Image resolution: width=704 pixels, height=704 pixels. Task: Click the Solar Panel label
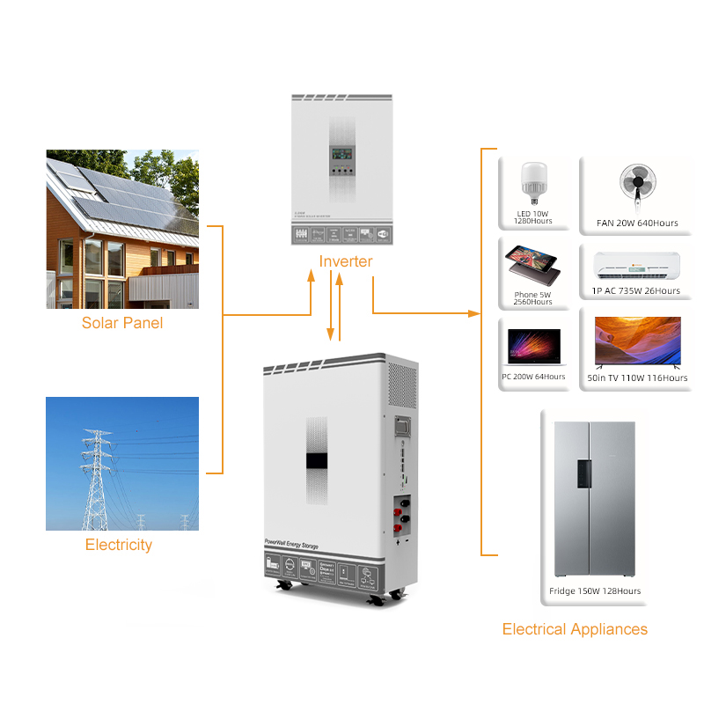[122, 323]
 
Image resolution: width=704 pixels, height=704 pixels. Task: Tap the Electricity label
[119, 545]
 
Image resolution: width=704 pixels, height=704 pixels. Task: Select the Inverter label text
[346, 261]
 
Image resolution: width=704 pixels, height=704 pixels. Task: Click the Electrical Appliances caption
[575, 629]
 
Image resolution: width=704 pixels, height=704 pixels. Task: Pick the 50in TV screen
[637, 341]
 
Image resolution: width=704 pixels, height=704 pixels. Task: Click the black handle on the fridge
[583, 473]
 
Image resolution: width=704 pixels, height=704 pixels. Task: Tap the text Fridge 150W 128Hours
[595, 591]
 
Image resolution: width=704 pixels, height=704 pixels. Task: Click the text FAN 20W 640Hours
[637, 224]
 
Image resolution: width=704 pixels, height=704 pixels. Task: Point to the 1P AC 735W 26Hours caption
[636, 291]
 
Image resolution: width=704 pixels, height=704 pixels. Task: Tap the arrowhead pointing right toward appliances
[476, 312]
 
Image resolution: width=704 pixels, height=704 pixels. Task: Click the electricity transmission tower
[97, 480]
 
